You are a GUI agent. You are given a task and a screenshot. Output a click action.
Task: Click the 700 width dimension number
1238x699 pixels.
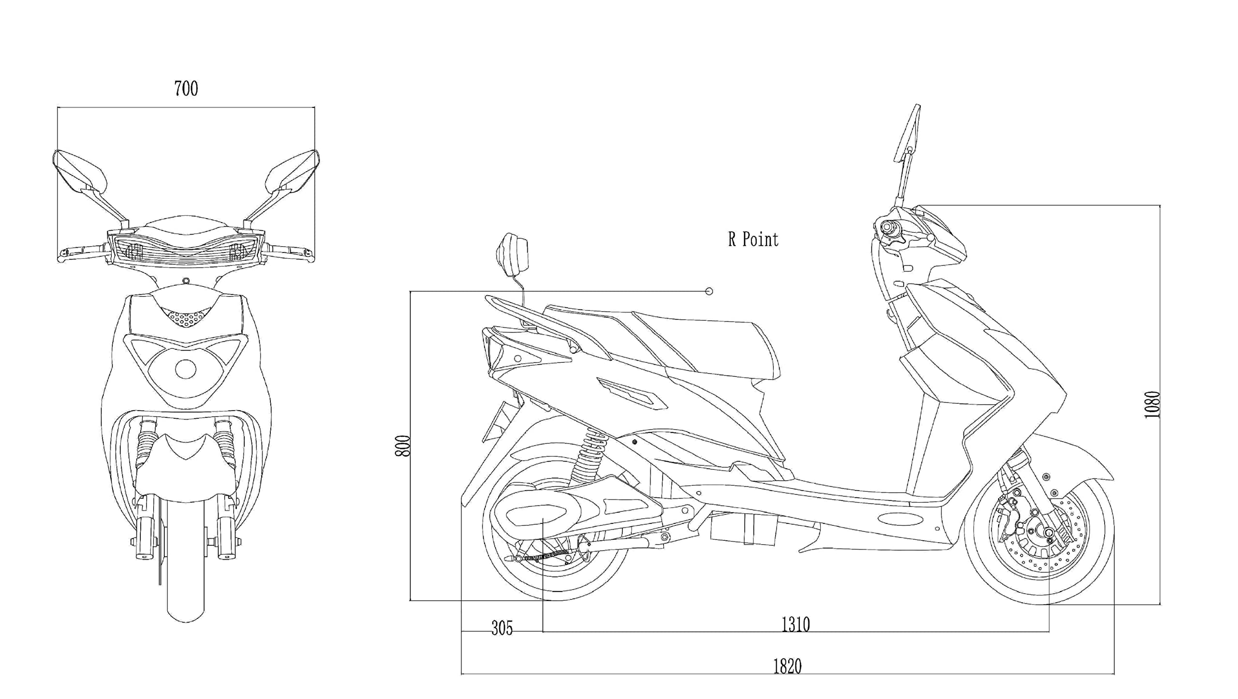(186, 89)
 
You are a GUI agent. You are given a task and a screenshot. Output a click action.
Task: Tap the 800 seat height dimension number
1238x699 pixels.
(403, 446)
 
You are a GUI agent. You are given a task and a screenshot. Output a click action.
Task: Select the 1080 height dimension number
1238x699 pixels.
(1152, 404)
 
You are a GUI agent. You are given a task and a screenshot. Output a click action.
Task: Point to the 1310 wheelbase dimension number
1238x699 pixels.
(796, 625)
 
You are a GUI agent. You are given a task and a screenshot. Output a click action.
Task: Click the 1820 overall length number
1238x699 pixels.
(787, 666)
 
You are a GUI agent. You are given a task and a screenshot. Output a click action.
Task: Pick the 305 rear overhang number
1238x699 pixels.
(502, 628)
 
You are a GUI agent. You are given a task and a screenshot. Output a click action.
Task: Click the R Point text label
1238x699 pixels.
(753, 239)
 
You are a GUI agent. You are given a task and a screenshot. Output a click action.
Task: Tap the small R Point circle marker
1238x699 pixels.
(709, 291)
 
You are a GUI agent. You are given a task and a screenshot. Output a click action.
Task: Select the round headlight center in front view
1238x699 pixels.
(185, 369)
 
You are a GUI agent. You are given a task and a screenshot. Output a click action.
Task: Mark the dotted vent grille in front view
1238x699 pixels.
(186, 317)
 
